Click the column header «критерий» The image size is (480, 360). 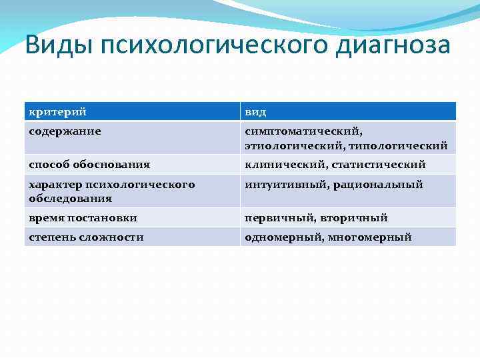pyautogui.click(x=57, y=112)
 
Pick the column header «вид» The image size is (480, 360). pyautogui.click(x=255, y=112)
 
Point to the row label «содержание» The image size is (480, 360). pyautogui.click(x=65, y=131)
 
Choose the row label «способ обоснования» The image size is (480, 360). pyautogui.click(x=89, y=165)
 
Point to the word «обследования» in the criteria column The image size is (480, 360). pyautogui.click(x=70, y=198)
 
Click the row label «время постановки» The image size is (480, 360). pyautogui.click(x=83, y=218)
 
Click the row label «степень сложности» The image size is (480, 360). pyautogui.click(x=86, y=237)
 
